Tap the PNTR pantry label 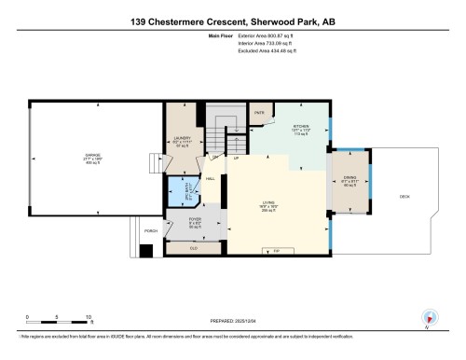260,113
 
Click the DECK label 404,196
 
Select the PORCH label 150,231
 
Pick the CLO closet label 194,248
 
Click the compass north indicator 428,318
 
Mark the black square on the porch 146,249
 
